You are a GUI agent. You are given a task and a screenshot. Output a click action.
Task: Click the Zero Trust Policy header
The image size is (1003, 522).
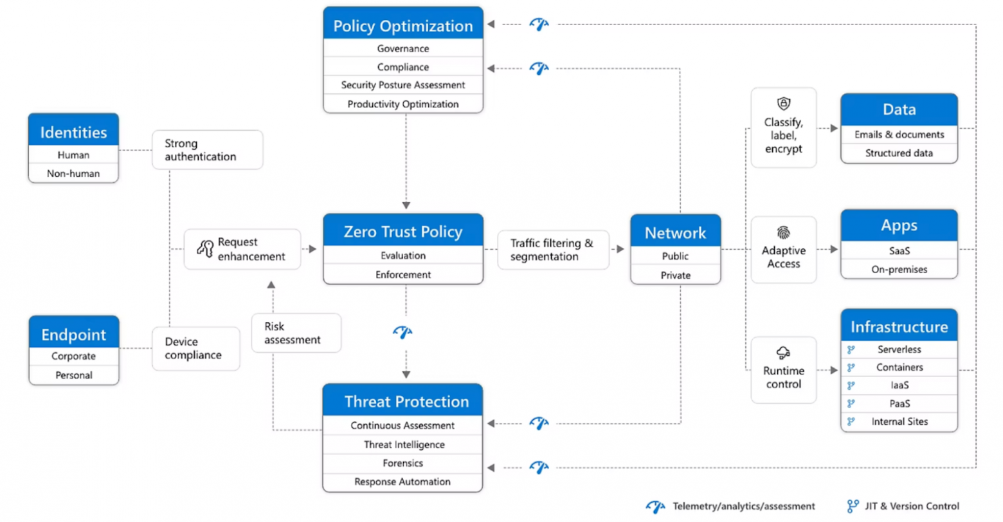pos(402,232)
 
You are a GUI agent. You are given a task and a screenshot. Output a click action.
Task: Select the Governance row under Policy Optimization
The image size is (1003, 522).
pos(402,49)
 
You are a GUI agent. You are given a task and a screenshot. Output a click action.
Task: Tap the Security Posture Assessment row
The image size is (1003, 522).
pos(402,85)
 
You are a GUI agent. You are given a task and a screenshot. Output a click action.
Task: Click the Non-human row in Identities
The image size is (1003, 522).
pos(73,173)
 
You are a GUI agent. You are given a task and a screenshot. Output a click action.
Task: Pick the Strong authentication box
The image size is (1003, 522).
pos(207,150)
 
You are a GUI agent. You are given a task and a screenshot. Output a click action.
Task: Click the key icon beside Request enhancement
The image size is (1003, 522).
pos(205,248)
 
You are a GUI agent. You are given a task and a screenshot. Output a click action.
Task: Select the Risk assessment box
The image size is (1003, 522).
pos(296,333)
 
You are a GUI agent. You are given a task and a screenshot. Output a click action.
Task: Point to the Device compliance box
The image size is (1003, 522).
pos(195,348)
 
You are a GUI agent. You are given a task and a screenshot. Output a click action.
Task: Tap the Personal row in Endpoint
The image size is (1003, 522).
pos(73,375)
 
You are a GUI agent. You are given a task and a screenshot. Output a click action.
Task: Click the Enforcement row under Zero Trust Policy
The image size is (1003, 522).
pos(402,275)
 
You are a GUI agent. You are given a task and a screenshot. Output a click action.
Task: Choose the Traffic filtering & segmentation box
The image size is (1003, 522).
pos(552,250)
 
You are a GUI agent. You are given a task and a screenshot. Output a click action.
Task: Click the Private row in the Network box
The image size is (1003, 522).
pos(675,275)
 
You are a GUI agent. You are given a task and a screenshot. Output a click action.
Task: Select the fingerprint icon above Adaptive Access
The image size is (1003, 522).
pos(783,232)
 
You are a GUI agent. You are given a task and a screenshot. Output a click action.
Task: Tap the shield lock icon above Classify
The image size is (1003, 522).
pos(783,104)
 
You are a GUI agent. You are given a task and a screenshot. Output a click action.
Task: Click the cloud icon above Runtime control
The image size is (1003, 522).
pos(783,352)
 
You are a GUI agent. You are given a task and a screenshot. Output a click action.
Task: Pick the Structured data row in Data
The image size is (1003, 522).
pos(898,153)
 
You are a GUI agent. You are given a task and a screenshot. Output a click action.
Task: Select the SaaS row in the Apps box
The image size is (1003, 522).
pos(898,251)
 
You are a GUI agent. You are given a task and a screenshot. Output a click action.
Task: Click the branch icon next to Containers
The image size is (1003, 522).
pos(851,368)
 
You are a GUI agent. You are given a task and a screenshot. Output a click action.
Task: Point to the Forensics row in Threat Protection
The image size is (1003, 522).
pos(402,463)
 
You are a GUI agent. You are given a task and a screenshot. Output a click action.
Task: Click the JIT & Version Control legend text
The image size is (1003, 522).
pos(912,507)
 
